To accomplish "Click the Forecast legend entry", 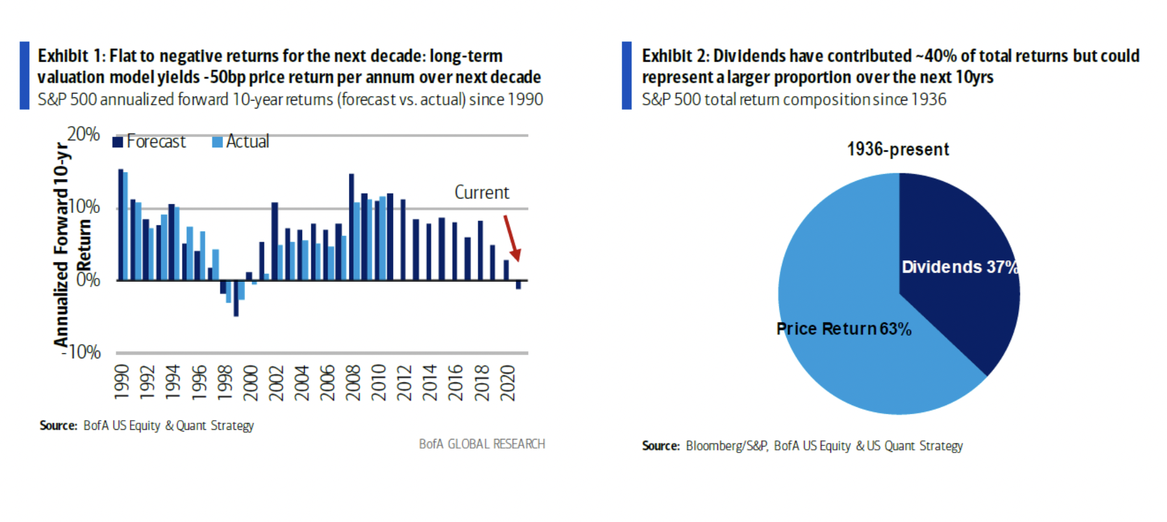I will [149, 142].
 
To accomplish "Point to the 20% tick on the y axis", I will [83, 134].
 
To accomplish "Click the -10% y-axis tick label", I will [82, 353].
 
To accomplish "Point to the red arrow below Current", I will [512, 238].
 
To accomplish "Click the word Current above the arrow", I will [481, 193].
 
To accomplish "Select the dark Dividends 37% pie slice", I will [955, 260].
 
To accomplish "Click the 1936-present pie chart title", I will [898, 149].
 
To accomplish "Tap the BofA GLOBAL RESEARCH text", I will [481, 444].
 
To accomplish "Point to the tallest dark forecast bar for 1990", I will [121, 224].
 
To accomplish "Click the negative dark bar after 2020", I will [519, 285].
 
